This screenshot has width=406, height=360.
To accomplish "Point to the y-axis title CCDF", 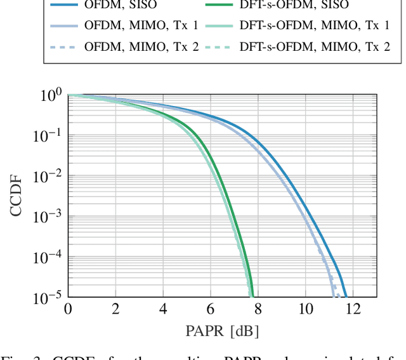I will coord(16,195).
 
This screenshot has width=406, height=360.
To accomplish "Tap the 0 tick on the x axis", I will coord(68,309).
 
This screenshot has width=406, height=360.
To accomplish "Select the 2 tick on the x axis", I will coord(115,309).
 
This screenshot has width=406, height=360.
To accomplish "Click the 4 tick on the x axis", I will coord(163,309).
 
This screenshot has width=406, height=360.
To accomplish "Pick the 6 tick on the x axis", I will coord(210,309).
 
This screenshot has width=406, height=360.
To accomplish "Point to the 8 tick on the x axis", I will coord(258,309).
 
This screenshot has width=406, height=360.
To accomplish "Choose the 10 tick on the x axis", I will coord(305,309).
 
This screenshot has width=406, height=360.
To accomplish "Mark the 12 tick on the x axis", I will coord(353,309).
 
